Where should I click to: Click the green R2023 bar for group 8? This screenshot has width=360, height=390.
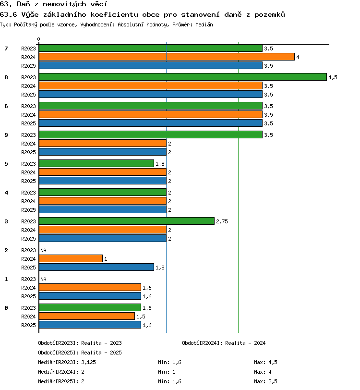pyautogui.click(x=183, y=77)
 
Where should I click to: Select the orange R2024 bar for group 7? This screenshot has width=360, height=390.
pyautogui.click(x=167, y=57)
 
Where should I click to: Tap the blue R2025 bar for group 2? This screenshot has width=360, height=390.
pyautogui.click(x=96, y=267)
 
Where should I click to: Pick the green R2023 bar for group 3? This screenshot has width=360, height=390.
pyautogui.click(x=127, y=221)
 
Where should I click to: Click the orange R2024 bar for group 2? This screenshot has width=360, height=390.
pyautogui.click(x=71, y=258)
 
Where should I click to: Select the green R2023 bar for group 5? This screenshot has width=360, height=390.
pyautogui.click(x=96, y=163)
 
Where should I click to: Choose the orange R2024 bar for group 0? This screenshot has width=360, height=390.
pyautogui.click(x=87, y=316)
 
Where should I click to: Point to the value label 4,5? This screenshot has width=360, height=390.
pyautogui.click(x=333, y=77)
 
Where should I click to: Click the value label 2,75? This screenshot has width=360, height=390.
pyautogui.click(x=222, y=221)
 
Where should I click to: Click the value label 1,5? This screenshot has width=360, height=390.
pyautogui.click(x=141, y=317)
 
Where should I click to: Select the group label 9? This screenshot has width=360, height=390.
pyautogui.click(x=6, y=135)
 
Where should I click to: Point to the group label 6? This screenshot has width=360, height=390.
pyautogui.click(x=6, y=106)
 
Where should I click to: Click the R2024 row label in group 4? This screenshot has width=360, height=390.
pyautogui.click(x=28, y=201)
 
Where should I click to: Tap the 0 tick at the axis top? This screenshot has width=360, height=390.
pyautogui.click(x=38, y=39)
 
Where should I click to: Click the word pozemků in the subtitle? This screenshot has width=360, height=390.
pyautogui.click(x=269, y=15)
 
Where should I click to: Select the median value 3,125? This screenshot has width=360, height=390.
pyautogui.click(x=88, y=362)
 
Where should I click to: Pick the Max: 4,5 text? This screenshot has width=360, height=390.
pyautogui.click(x=265, y=362)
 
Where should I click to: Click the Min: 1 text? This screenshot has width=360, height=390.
pyautogui.click(x=167, y=372)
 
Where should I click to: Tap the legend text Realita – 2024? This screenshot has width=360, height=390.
pyautogui.click(x=245, y=343)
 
